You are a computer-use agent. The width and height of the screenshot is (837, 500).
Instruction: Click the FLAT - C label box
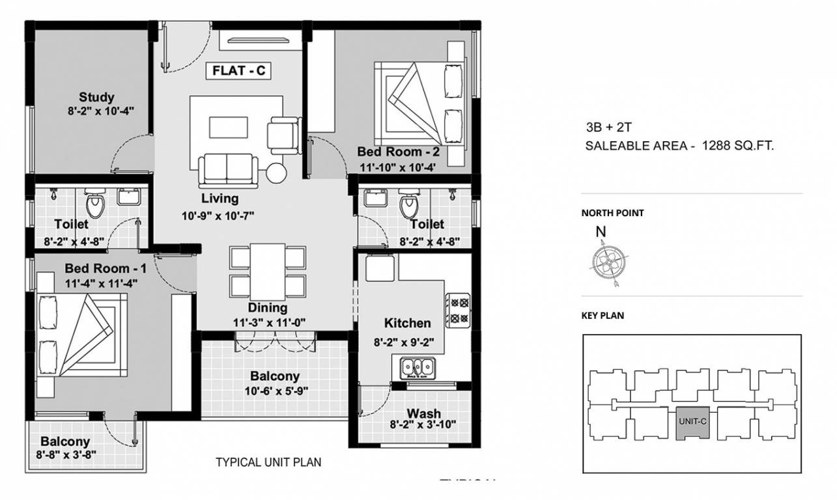pos(238,71)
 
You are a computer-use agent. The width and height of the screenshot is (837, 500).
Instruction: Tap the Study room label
pos(96,97)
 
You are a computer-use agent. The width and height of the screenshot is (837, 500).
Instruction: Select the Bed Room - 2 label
pos(398,152)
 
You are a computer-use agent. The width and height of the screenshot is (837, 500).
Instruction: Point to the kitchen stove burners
pos(458,309)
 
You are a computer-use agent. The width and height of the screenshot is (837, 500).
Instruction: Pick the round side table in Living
pos(276,173)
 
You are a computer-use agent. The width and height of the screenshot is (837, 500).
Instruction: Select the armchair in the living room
pos(283,134)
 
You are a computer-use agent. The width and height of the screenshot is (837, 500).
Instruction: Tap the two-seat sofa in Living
pos(227,170)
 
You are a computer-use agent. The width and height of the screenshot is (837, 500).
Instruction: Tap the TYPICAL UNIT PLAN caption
pos(268,463)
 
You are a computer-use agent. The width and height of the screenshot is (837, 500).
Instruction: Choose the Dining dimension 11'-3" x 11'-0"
pos(267,322)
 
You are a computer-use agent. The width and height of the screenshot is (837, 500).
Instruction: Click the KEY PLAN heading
pos(603,316)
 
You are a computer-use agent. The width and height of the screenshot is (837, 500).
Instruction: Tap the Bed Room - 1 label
pos(106,268)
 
